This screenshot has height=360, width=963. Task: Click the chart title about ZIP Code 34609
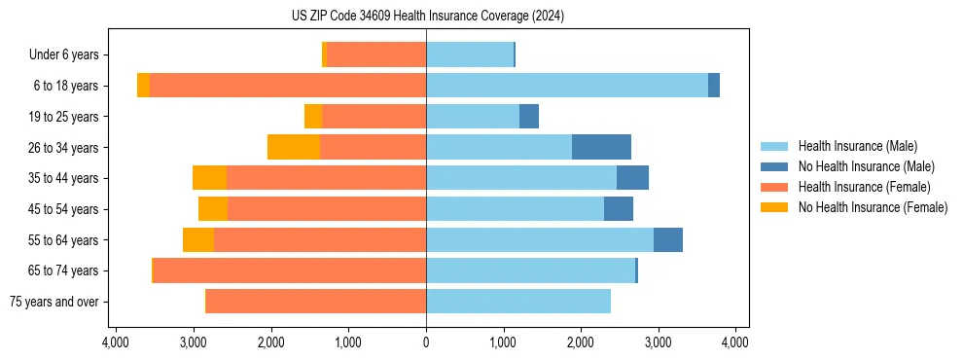(x=427, y=17)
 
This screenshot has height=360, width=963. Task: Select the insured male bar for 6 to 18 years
(x=566, y=86)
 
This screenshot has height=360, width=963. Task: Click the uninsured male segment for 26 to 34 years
(x=601, y=147)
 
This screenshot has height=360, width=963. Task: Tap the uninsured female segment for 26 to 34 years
(x=294, y=147)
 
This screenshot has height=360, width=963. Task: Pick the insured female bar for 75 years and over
(x=316, y=302)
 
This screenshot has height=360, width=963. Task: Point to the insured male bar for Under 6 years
(x=469, y=54)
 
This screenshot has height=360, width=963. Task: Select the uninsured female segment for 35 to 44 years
(x=209, y=178)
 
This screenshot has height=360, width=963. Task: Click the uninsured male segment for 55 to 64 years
(x=668, y=239)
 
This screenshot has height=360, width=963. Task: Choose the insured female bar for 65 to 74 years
(x=290, y=270)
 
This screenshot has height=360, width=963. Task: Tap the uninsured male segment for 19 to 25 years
(x=529, y=117)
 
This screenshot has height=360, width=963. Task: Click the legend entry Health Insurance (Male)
(x=857, y=146)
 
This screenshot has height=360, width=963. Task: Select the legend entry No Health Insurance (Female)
(x=873, y=207)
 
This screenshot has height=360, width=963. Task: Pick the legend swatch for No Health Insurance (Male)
(x=775, y=166)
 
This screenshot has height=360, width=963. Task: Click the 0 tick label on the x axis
(x=426, y=342)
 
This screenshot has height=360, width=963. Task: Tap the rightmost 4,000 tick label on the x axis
(x=735, y=342)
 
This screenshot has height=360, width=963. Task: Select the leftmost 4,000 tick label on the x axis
(x=116, y=342)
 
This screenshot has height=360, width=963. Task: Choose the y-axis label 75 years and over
(x=54, y=302)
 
